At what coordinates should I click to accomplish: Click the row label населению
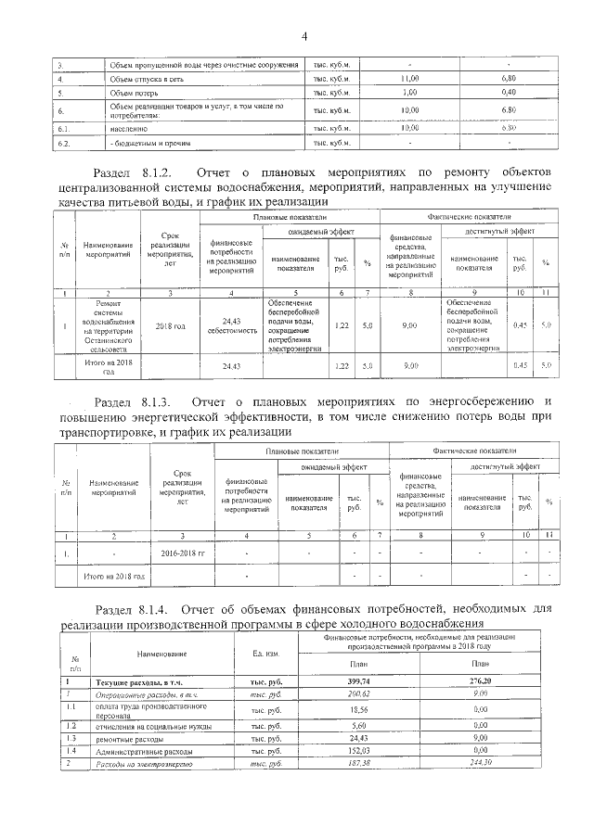coord(126,128)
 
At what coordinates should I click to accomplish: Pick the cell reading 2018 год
coord(170,326)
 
